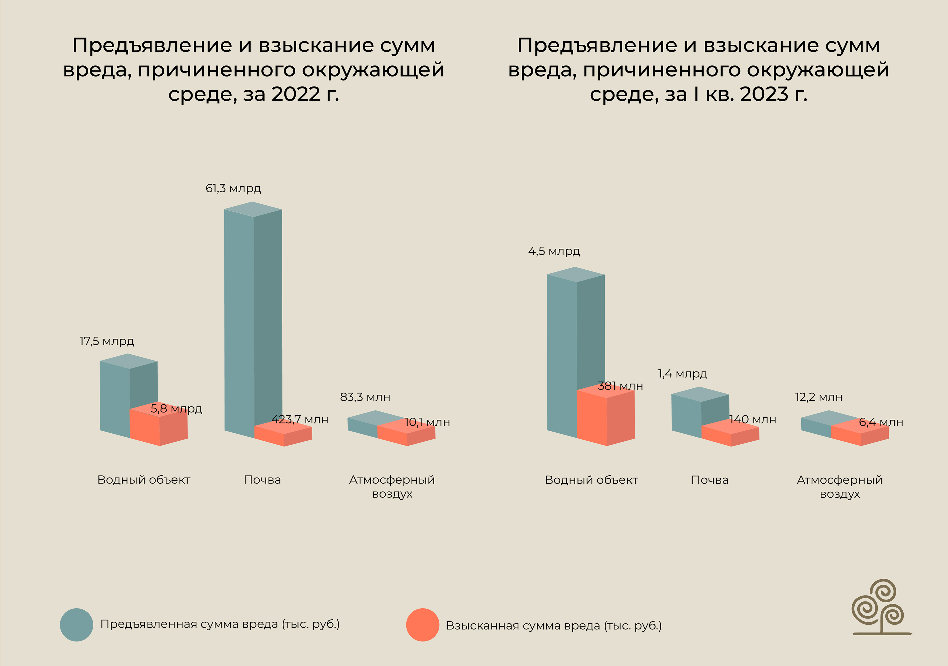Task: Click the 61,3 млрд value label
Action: pyautogui.click(x=233, y=189)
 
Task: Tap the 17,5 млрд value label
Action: pyautogui.click(x=107, y=341)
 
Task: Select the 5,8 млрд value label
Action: pyautogui.click(x=176, y=409)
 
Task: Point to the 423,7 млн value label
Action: pyautogui.click(x=300, y=420)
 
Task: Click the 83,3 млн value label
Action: pyautogui.click(x=365, y=397)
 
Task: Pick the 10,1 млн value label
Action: pyautogui.click(x=427, y=422)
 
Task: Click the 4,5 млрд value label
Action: pyautogui.click(x=554, y=251)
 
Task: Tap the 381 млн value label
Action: pyautogui.click(x=620, y=386)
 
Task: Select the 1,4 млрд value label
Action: pyautogui.click(x=683, y=374)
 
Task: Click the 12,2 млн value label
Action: pyautogui.click(x=819, y=397)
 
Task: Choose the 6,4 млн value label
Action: pyautogui.click(x=881, y=422)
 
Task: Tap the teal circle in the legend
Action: pyautogui.click(x=76, y=625)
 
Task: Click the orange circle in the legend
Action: pyautogui.click(x=422, y=625)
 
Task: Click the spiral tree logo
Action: pyautogui.click(x=881, y=607)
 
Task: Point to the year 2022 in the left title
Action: pyautogui.click(x=296, y=94)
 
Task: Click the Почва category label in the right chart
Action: pyautogui.click(x=710, y=480)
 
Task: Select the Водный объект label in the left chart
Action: pyautogui.click(x=144, y=480)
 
